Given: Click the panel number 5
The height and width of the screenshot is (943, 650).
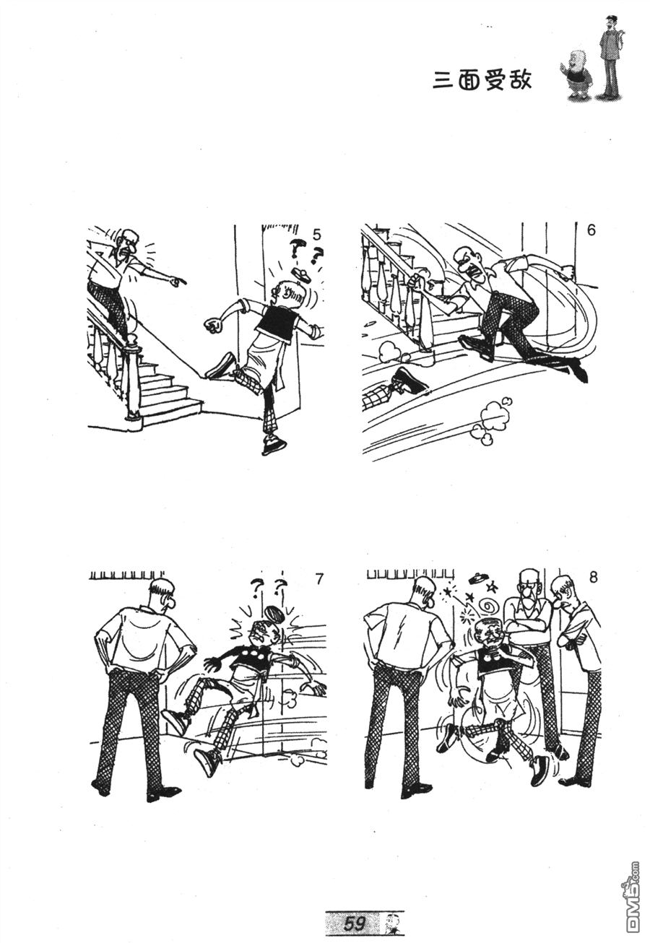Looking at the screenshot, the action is pyautogui.click(x=316, y=235).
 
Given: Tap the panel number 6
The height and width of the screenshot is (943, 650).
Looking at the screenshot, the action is pyautogui.click(x=591, y=230).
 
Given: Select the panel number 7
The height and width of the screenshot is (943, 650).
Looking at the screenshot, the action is pyautogui.click(x=319, y=579).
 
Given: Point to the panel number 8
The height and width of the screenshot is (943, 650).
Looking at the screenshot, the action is pyautogui.click(x=593, y=578).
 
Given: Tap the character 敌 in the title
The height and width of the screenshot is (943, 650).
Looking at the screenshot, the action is pyautogui.click(x=519, y=79).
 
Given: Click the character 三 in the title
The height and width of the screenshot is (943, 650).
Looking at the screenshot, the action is pyautogui.click(x=443, y=80).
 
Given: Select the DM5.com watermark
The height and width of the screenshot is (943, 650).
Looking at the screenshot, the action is pyautogui.click(x=631, y=905).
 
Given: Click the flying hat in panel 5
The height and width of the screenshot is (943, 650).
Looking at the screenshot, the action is pyautogui.click(x=301, y=274).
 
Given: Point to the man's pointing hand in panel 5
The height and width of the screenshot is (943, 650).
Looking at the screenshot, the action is pyautogui.click(x=179, y=280).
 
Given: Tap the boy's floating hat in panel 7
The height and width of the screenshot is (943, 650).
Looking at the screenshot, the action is pyautogui.click(x=274, y=614).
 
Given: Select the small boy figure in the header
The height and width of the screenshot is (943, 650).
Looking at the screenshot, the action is pyautogui.click(x=576, y=74).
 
